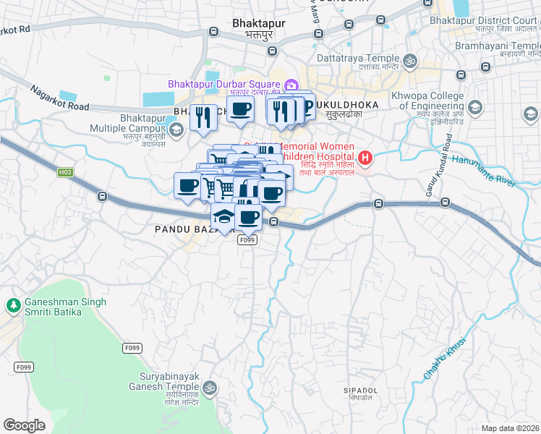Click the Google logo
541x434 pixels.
pos(24,425)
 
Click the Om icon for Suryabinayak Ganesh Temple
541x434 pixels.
pos(210,387)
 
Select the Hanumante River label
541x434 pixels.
pos(484,171)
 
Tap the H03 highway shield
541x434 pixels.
pos(66,172)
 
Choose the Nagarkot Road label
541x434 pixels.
pos(59,98)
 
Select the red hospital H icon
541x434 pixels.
pos(366,157)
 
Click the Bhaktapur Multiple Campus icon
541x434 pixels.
pos(176,130)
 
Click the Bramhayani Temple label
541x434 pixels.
pos(498,46)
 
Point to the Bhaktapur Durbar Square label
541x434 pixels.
pos(225,84)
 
